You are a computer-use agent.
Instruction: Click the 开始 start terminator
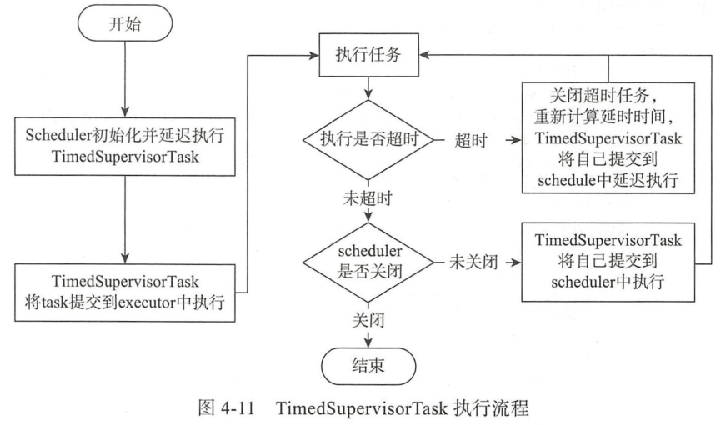pos(124,23)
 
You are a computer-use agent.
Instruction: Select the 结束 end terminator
pos(368,366)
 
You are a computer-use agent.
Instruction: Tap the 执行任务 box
pos(368,55)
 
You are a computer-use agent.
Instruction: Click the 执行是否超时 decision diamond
pos(368,139)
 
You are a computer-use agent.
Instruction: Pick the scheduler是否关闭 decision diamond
pos(368,262)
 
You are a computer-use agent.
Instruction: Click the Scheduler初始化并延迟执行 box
pos(124,147)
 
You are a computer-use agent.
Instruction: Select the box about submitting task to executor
pos(124,292)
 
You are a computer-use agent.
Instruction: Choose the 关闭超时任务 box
pos(608,138)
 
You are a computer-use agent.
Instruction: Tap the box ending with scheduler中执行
pos(608,262)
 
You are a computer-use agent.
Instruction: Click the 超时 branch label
pos(470,140)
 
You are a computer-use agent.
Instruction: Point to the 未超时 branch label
pos(368,198)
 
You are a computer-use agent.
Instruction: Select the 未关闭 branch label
pos(473,262)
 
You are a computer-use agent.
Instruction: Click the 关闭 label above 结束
pos(368,320)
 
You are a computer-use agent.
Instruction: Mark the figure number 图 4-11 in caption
pos(226,407)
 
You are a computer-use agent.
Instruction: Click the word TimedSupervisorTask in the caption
pos(362,408)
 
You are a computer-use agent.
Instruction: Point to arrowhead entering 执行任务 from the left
pos(314,56)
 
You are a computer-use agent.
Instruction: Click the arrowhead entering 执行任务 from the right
pos(424,56)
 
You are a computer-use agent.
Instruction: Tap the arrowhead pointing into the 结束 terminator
pos(368,343)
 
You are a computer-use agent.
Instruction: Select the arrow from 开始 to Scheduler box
pos(124,79)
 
